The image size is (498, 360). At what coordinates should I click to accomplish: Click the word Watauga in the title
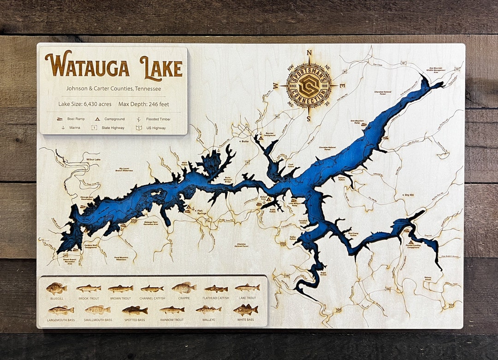87,65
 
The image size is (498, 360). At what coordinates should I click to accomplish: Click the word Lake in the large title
161,66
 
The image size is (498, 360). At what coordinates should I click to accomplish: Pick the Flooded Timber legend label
158,119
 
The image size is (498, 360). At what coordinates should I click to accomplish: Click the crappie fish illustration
184,288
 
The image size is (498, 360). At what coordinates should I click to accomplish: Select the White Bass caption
245,319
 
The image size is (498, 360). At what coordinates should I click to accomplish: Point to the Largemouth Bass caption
60,319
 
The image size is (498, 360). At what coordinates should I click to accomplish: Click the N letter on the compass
309,52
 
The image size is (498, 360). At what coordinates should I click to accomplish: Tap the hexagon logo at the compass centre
308,85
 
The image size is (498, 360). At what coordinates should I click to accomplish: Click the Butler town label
244,142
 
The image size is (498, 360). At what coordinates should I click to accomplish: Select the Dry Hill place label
409,195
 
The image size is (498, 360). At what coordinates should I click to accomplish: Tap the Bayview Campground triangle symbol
261,136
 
